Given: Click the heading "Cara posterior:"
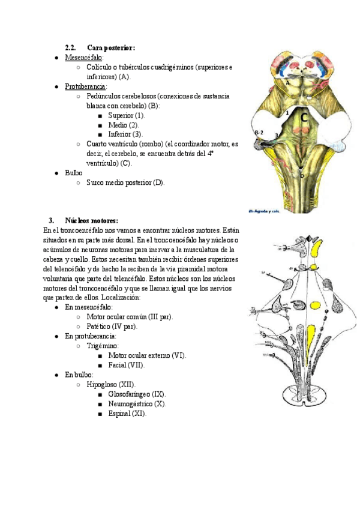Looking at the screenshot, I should point(111,47).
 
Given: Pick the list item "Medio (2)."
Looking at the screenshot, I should point(123,125).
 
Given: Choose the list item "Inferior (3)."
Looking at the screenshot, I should point(125,134).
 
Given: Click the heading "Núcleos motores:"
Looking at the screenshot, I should point(91,220).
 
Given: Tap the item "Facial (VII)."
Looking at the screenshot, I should point(127,364).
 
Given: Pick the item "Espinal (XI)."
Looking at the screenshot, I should point(127,413).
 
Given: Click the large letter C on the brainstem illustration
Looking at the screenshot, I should point(304,119).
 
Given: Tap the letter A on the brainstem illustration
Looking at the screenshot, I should point(271,83).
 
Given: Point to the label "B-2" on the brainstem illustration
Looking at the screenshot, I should point(259,133).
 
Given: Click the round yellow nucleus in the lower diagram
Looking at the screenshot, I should point(314,306).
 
